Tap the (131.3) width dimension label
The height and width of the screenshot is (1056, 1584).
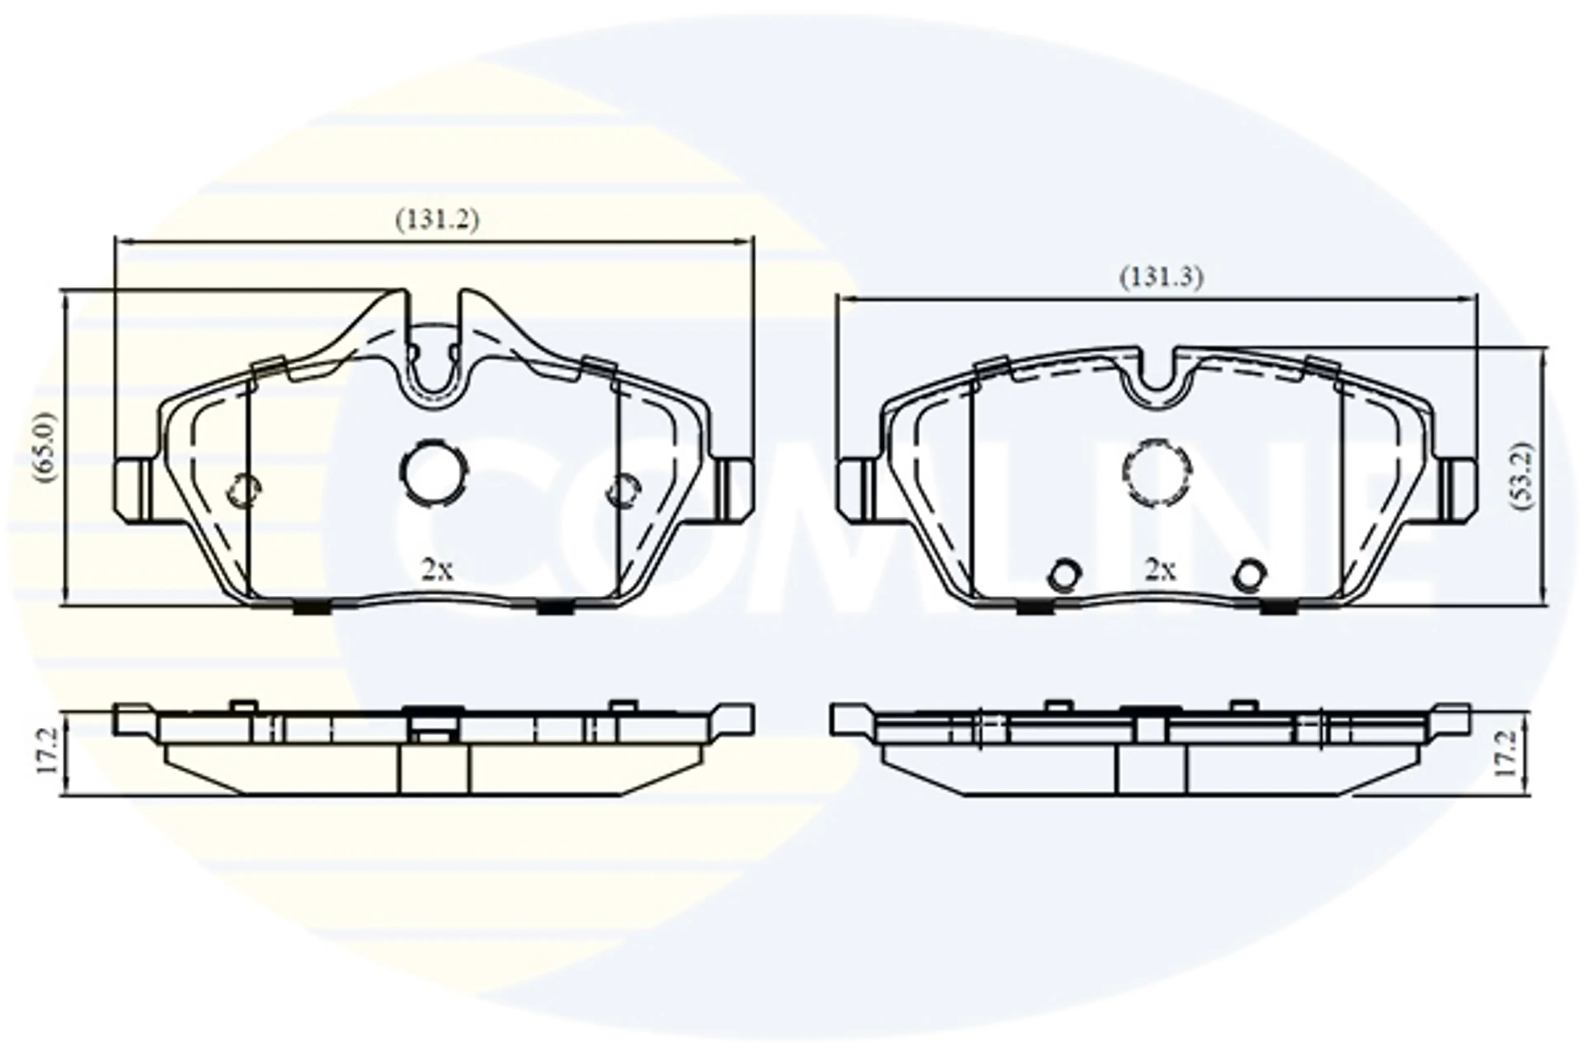click(1161, 278)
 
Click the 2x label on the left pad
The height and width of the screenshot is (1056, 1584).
click(437, 571)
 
